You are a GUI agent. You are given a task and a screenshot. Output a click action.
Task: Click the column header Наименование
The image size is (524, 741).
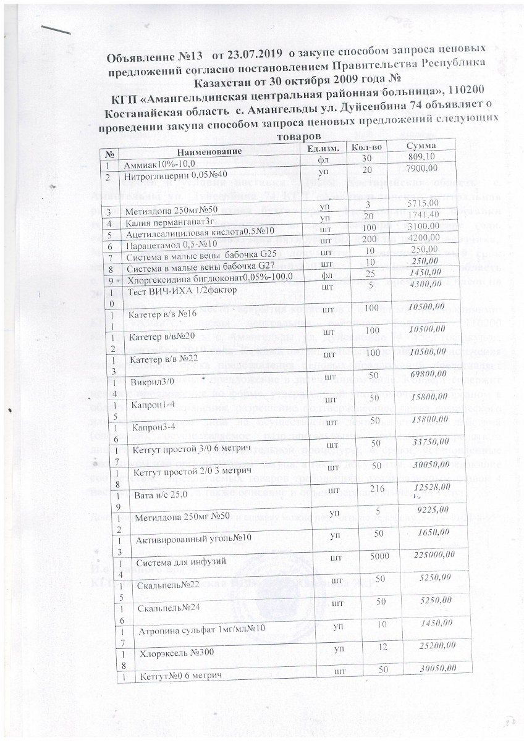(x=208, y=151)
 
